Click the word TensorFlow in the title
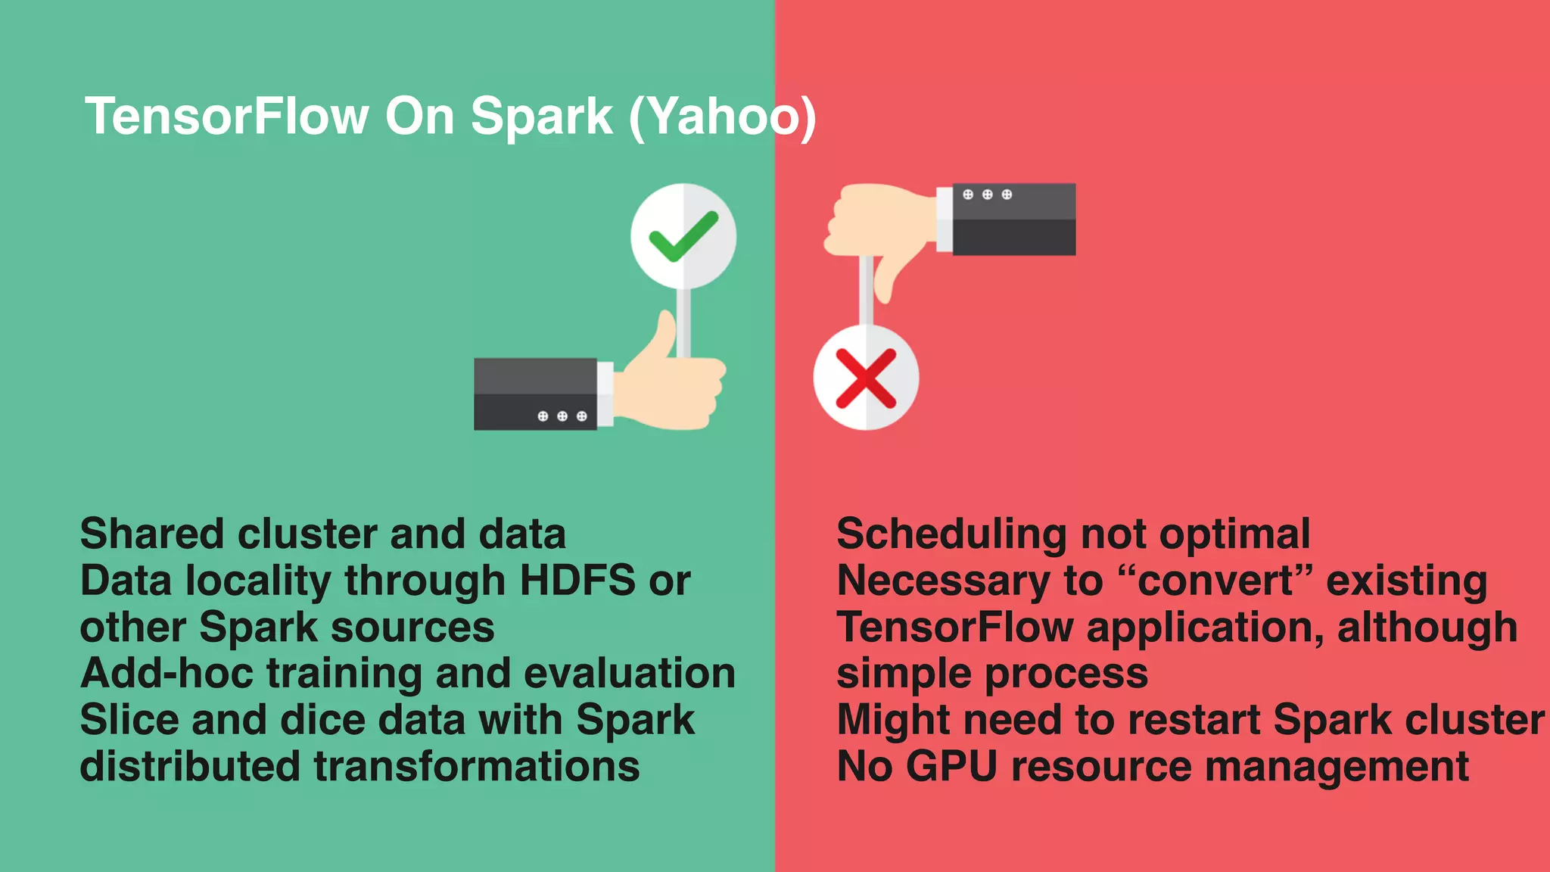226,117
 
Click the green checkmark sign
683,235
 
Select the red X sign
866,378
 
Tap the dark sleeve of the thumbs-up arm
535,394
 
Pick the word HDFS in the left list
577,581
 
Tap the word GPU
951,767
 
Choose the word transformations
477,767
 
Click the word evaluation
629,674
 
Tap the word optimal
1234,534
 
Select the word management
1337,767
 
